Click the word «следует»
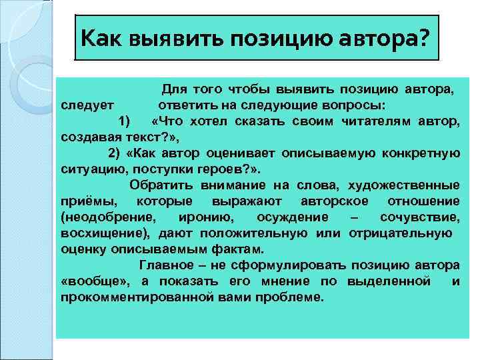(87, 105)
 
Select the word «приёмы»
(87, 201)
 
